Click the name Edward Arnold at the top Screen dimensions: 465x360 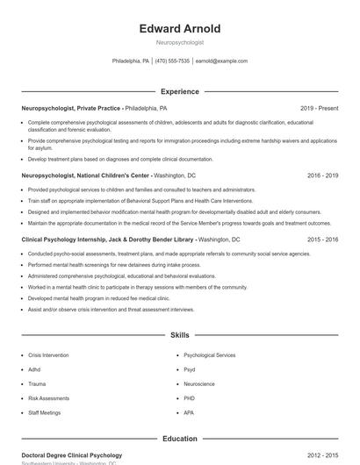(x=180, y=29)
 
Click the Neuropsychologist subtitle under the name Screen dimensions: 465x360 (x=180, y=42)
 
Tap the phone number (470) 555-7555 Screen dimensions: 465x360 (x=173, y=61)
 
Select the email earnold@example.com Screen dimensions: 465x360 (x=221, y=61)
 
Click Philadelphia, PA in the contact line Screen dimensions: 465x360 (x=131, y=61)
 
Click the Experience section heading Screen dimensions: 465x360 (x=180, y=91)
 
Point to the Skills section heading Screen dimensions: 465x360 (x=180, y=335)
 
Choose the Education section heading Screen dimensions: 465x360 (x=180, y=439)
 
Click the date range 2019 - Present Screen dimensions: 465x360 (x=319, y=108)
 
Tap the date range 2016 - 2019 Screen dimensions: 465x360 (x=323, y=175)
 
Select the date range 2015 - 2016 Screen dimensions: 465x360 (x=323, y=239)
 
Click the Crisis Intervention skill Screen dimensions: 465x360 (x=48, y=355)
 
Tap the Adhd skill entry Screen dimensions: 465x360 (x=36, y=369)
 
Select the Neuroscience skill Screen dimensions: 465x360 (x=199, y=383)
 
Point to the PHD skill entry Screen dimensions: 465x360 (x=190, y=397)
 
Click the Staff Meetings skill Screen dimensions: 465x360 (x=45, y=411)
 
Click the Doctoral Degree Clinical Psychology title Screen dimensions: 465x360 (x=72, y=455)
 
